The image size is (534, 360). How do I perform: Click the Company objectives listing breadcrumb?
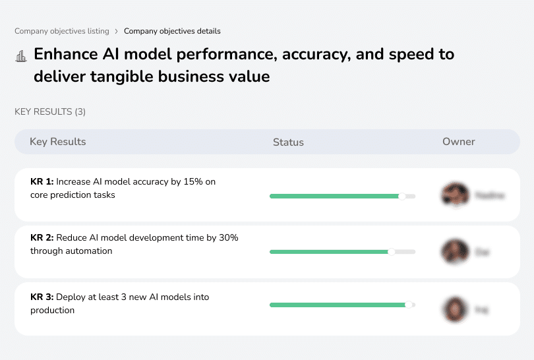pyautogui.click(x=61, y=31)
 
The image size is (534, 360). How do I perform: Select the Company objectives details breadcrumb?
pyautogui.click(x=172, y=31)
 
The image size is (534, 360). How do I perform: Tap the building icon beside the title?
pyautogui.click(x=20, y=56)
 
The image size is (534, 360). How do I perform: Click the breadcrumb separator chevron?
pyautogui.click(x=116, y=31)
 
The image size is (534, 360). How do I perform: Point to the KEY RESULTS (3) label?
pyautogui.click(x=50, y=112)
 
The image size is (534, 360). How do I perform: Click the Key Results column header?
pyautogui.click(x=57, y=142)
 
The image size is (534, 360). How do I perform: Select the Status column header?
pyautogui.click(x=288, y=142)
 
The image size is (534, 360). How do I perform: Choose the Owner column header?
pyautogui.click(x=459, y=142)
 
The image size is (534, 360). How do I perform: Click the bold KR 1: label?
pyautogui.click(x=42, y=182)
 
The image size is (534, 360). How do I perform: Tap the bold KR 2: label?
pyautogui.click(x=42, y=238)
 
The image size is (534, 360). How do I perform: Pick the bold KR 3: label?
pyautogui.click(x=42, y=297)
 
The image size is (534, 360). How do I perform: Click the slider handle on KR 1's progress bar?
pyautogui.click(x=402, y=196)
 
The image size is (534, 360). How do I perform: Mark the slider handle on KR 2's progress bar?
pyautogui.click(x=392, y=251)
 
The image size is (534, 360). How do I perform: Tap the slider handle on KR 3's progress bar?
pyautogui.click(x=409, y=305)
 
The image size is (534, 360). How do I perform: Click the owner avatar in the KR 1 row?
pyautogui.click(x=454, y=195)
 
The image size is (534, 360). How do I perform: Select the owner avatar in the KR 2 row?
pyautogui.click(x=454, y=251)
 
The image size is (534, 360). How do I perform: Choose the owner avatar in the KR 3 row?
pyautogui.click(x=454, y=309)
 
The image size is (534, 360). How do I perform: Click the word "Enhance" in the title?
pyautogui.click(x=67, y=54)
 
